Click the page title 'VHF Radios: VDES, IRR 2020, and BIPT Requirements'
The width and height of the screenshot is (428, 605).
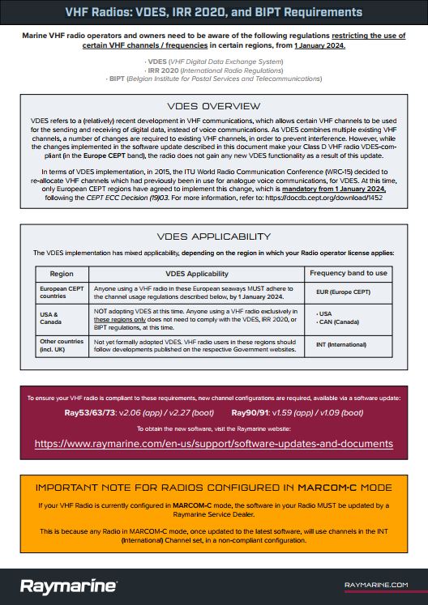[214, 12]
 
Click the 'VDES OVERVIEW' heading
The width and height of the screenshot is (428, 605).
[214, 106]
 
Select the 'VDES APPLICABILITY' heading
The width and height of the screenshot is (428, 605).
[214, 237]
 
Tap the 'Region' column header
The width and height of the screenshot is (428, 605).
[62, 274]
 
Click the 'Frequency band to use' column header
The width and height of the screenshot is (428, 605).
[348, 273]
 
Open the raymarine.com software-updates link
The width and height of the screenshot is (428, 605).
[214, 444]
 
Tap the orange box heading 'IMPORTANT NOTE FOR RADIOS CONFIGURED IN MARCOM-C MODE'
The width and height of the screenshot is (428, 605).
[214, 488]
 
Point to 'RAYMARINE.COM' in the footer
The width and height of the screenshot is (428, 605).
[375, 584]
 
